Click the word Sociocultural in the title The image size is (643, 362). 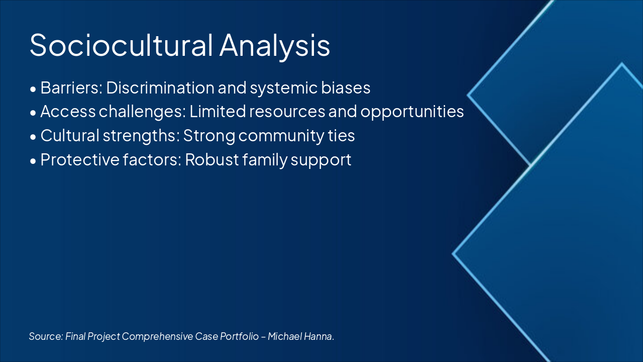tap(121, 45)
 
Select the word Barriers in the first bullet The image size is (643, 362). tap(71, 87)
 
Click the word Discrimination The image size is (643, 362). tap(160, 87)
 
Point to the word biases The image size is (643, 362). tap(346, 87)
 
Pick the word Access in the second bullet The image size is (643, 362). tap(68, 112)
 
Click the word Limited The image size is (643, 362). tap(218, 112)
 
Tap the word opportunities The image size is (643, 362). tap(412, 112)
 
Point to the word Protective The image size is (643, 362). tap(80, 159)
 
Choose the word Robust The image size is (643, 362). tap(212, 159)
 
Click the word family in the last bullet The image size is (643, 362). tap(264, 160)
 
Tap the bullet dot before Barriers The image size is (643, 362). tap(33, 89)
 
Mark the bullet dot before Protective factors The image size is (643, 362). tap(33, 161)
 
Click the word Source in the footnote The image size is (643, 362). tap(46, 336)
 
